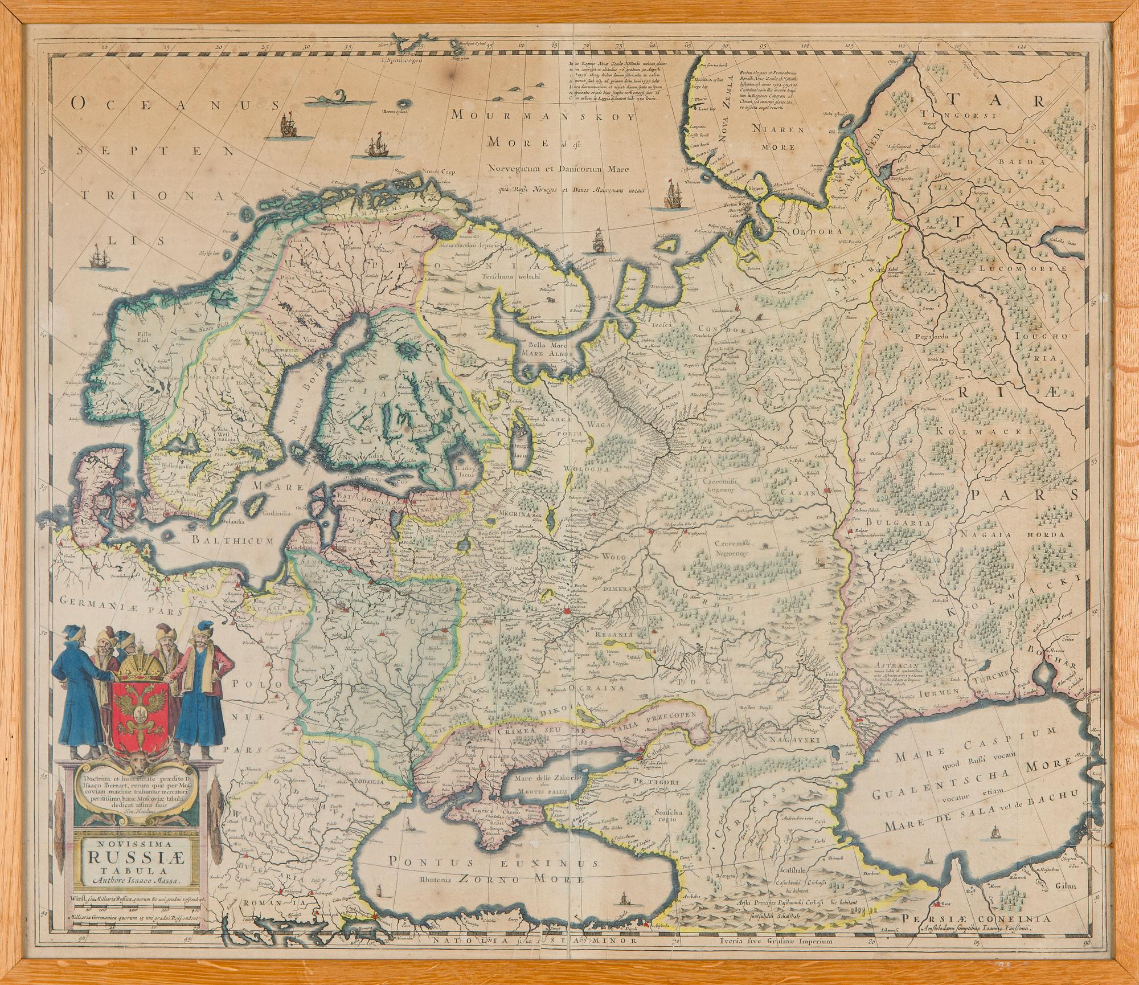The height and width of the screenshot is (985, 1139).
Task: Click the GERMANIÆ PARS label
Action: point(120,613)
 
